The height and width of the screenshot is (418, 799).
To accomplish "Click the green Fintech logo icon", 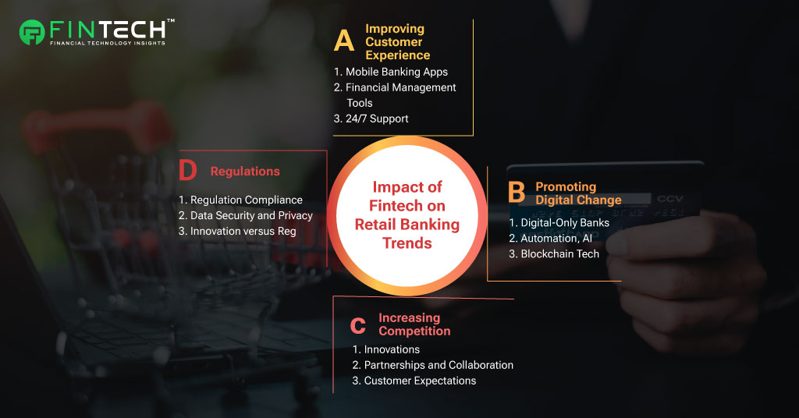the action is [31, 32].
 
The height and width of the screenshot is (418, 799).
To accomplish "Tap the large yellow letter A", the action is [344, 41].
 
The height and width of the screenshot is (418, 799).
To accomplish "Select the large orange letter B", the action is [517, 193].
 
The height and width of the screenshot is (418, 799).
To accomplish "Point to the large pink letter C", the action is [357, 325].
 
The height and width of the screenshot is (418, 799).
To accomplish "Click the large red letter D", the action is [187, 170].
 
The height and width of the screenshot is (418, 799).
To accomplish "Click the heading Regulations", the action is [245, 172].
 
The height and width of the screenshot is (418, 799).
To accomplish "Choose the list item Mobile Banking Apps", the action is [391, 72].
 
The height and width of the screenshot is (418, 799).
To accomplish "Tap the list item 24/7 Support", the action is [371, 119].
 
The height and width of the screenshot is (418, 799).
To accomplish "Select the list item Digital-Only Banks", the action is [559, 222].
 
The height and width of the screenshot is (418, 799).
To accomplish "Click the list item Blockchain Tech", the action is [554, 253].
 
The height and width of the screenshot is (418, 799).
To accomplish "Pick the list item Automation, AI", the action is [550, 239].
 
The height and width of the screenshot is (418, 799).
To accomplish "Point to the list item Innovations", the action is [385, 349].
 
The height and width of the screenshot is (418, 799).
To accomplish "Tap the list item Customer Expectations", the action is [414, 381].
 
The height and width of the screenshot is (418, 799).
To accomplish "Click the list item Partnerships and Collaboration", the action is [432, 365].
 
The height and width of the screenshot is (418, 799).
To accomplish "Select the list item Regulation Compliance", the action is [240, 200].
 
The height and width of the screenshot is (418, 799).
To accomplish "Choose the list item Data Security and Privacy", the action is [246, 215].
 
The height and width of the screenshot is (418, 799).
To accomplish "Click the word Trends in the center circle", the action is [407, 243].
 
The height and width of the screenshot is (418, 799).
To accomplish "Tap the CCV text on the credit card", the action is [669, 199].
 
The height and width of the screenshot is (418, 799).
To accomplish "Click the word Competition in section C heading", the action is [414, 331].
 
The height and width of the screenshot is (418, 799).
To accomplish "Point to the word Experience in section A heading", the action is [397, 55].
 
